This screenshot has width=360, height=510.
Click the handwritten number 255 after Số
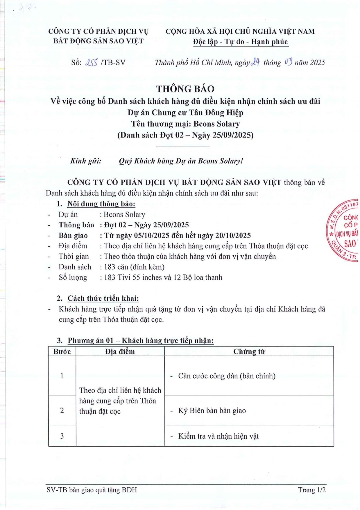(91, 62)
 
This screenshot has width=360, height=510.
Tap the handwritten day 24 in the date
(255, 62)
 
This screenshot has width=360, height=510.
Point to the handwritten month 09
(288, 62)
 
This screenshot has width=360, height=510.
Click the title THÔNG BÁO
(185, 89)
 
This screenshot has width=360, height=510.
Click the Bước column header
(62, 352)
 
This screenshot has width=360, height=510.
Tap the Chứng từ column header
(249, 352)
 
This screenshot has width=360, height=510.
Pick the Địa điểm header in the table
(120, 352)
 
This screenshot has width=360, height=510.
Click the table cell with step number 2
(62, 410)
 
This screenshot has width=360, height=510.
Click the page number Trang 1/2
(312, 490)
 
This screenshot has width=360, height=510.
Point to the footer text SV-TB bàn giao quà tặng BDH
(92, 490)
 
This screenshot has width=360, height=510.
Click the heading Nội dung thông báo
(101, 204)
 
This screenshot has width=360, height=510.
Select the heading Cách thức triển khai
(103, 298)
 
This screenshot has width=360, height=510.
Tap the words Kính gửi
(86, 161)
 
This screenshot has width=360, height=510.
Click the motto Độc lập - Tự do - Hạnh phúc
(240, 42)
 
